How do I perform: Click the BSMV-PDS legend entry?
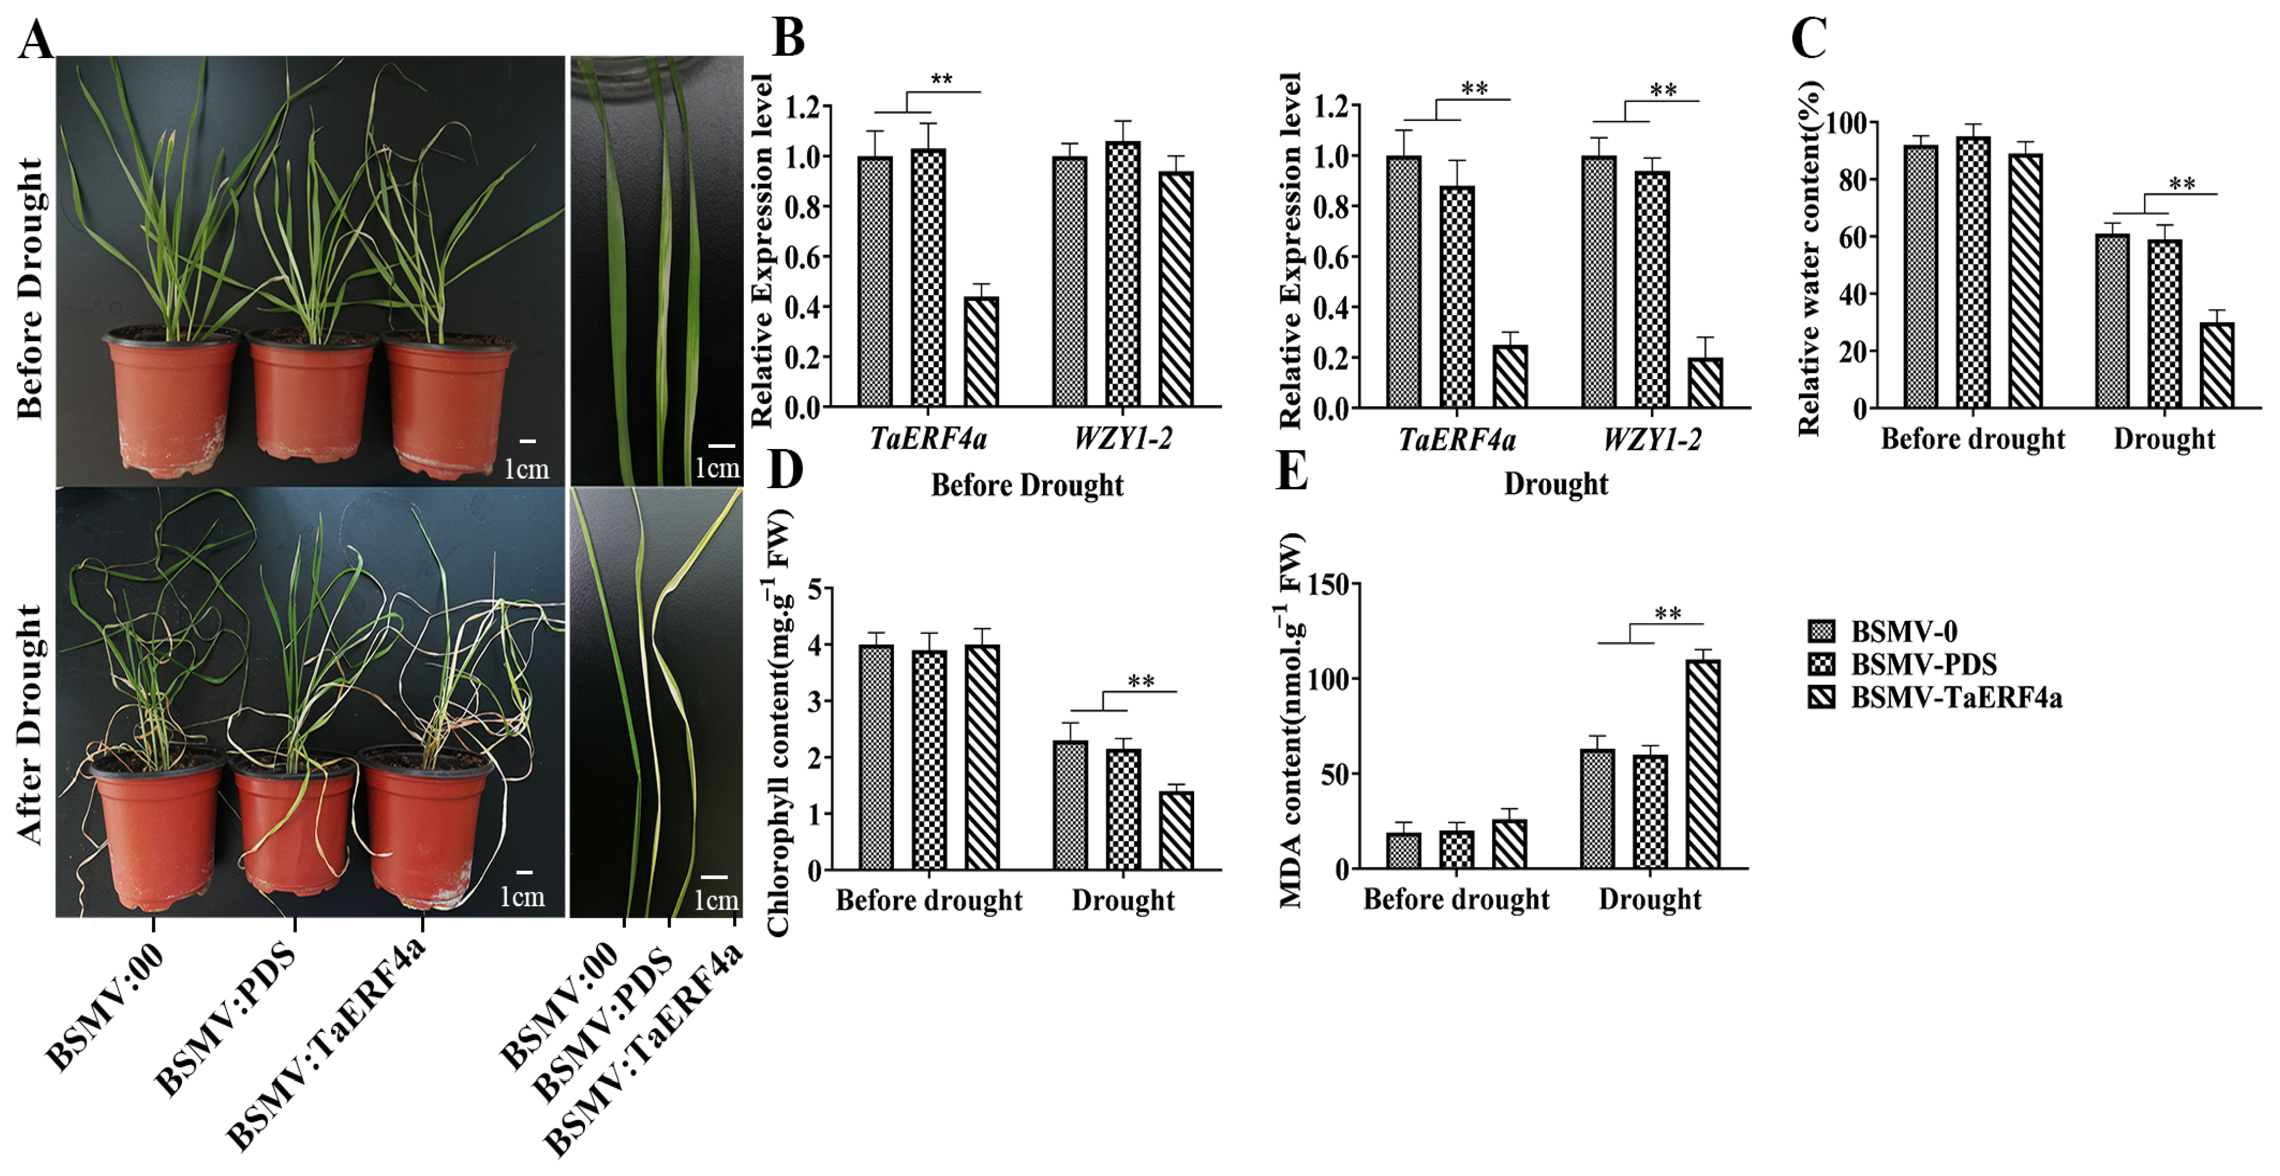1922,664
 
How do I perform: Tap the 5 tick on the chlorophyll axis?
814,588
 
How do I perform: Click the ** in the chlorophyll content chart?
1141,681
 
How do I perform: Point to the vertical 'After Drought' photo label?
29,724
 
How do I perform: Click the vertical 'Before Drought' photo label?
29,288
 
